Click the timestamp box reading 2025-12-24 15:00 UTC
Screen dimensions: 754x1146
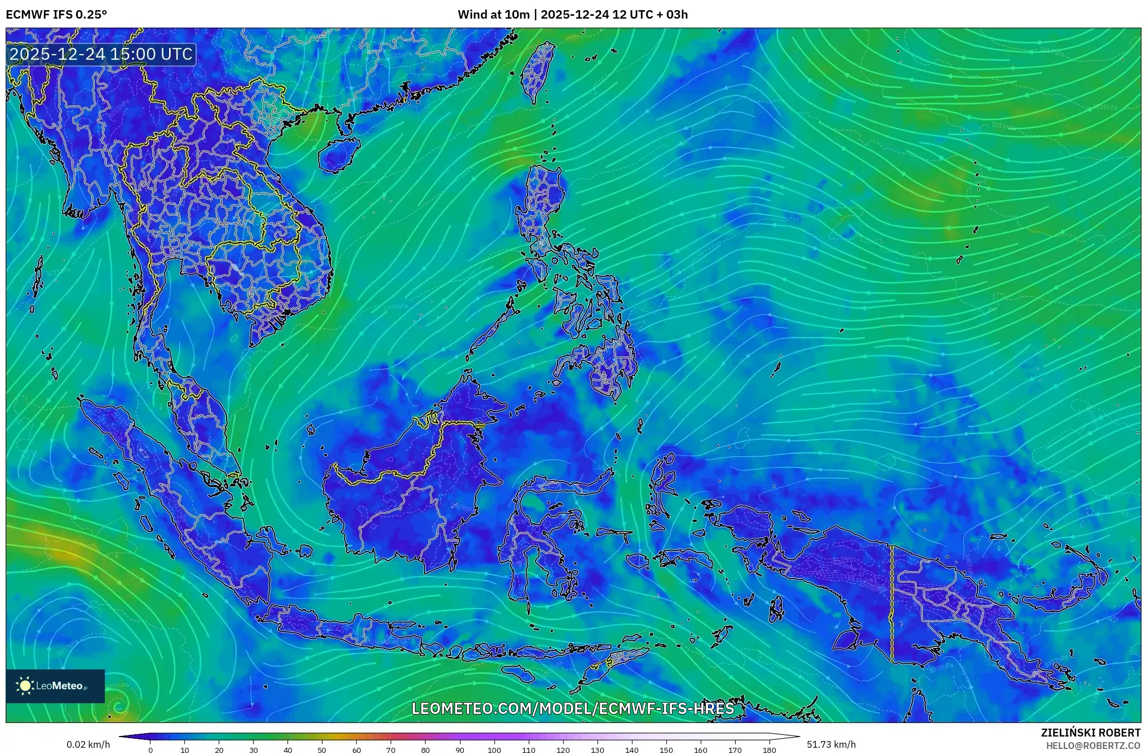click(101, 54)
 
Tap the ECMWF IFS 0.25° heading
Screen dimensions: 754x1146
click(56, 15)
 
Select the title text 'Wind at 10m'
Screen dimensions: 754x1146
click(493, 15)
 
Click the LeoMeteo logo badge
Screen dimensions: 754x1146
click(55, 686)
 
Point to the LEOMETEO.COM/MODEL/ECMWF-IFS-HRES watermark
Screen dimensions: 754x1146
click(573, 708)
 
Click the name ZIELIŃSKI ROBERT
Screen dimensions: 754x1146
click(1090, 733)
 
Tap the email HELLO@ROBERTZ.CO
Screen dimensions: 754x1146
click(1093, 746)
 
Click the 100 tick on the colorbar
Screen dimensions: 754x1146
click(494, 750)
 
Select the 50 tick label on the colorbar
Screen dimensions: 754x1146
click(322, 750)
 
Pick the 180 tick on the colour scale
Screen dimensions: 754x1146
click(769, 750)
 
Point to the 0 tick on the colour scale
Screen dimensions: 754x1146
click(151, 750)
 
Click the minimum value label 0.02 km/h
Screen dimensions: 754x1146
click(88, 744)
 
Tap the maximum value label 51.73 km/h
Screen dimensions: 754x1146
click(831, 744)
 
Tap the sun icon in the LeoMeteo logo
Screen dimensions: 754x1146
click(25, 686)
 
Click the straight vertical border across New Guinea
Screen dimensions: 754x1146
click(892, 603)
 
